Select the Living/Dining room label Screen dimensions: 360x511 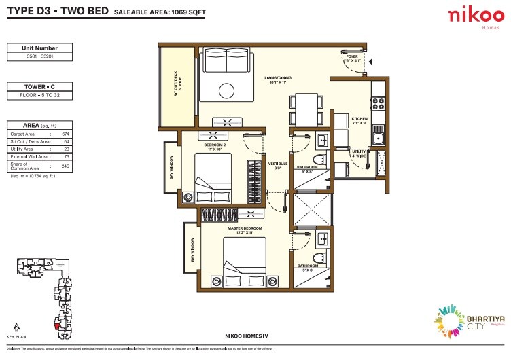click(x=278, y=81)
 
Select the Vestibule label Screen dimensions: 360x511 click(x=275, y=165)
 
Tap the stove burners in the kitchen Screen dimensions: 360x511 click(x=377, y=105)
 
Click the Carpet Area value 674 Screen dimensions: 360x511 click(x=65, y=135)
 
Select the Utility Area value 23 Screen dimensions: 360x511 click(x=65, y=148)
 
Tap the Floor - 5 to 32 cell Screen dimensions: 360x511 click(x=40, y=96)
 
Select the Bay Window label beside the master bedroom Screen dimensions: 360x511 click(x=192, y=250)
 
